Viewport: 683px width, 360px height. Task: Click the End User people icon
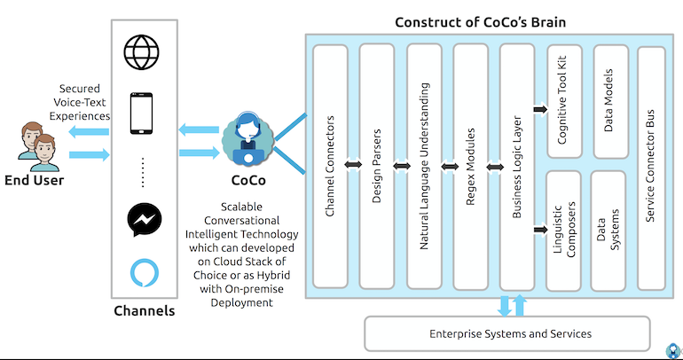36,147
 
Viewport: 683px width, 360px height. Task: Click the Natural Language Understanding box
425,164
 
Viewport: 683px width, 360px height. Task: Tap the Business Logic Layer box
518,164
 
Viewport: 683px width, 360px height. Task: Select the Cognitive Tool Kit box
563,100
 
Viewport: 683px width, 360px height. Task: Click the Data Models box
609,100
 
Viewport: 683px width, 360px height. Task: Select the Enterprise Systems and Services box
510,333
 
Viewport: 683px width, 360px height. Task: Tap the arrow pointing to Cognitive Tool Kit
538,109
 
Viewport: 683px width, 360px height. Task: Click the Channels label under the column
145,311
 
